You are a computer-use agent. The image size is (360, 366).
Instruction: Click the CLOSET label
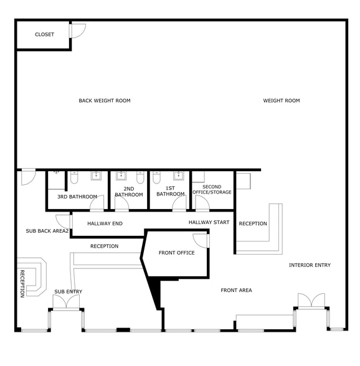pos(44,34)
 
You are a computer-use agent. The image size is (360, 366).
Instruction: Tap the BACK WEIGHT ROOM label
pos(104,100)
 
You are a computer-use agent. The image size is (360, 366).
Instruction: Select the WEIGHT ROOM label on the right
pos(281,100)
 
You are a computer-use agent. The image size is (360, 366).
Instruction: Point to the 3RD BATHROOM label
pos(77,197)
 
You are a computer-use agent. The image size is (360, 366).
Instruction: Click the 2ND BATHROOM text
pos(129,191)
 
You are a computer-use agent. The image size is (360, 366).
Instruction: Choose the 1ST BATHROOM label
pos(170,191)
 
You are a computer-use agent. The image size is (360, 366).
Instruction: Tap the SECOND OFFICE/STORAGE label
pos(212,189)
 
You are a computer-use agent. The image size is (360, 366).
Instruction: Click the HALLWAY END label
pos(105,223)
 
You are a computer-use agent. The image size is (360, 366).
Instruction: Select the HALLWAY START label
pos(209,222)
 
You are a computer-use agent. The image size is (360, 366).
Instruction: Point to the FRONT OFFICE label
pos(176,253)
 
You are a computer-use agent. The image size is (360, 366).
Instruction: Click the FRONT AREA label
pos(236,290)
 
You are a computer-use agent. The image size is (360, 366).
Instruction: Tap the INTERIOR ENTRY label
pos(310,265)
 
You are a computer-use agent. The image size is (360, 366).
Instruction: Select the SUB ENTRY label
pos(68,291)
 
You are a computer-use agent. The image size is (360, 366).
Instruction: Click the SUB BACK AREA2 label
pos(47,231)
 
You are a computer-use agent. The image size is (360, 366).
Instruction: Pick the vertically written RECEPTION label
pos(22,283)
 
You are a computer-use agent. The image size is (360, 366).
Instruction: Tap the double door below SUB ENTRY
pos(65,303)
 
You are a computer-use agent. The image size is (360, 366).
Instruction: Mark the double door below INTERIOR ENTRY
pos(311,301)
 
